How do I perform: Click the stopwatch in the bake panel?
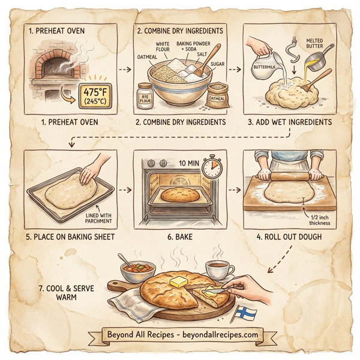coord(212,167)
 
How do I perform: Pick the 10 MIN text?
coord(188,163)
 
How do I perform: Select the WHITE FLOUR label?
coord(163,47)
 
